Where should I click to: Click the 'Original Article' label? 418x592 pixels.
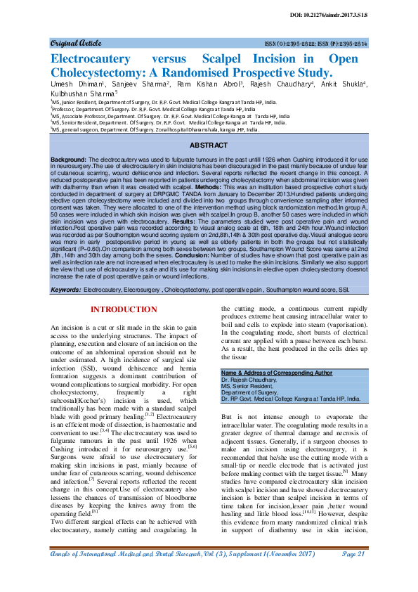point(73,43)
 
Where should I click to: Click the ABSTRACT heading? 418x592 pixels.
point(208,144)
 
